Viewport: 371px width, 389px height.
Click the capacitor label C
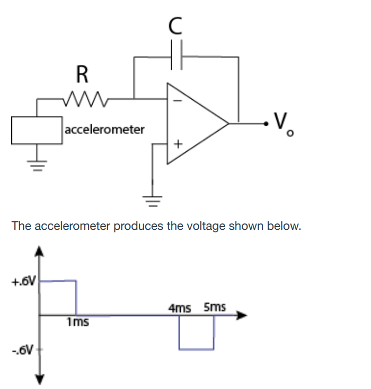click(x=178, y=24)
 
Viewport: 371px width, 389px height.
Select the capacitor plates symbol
click(x=178, y=56)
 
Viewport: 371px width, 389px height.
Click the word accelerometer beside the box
click(x=104, y=129)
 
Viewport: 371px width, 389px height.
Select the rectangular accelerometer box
click(x=37, y=129)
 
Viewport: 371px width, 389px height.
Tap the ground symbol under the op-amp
click(x=152, y=201)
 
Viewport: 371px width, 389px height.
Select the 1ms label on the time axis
click(x=77, y=322)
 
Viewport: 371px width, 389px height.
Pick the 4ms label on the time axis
click(x=180, y=307)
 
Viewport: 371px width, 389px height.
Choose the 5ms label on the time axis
click(x=214, y=307)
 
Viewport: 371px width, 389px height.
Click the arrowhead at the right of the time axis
click(x=242, y=315)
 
